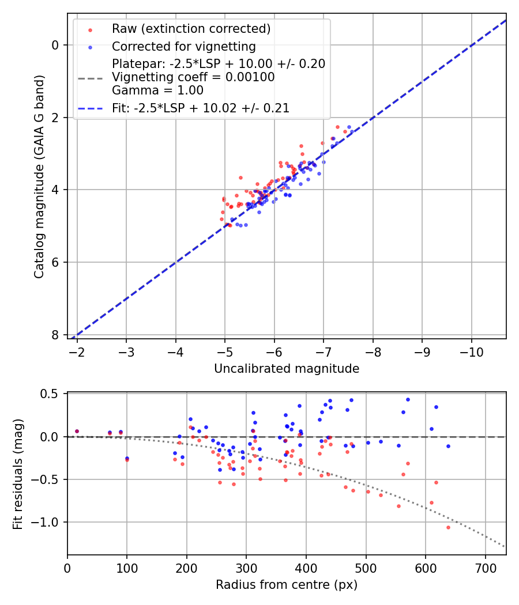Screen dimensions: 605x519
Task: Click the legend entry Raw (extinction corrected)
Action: coord(191,29)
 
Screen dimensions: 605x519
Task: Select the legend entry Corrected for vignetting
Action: coord(183,46)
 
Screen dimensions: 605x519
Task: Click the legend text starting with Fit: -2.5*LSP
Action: coord(200,108)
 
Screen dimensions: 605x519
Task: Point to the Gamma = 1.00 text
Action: coord(157,90)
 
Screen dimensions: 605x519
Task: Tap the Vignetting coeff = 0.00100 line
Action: coord(193,77)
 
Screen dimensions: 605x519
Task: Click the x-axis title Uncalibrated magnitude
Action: coord(287,369)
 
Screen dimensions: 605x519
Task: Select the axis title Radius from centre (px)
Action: coord(287,585)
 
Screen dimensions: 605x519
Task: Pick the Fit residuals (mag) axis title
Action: coord(18,473)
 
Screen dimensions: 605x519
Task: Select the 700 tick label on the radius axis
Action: coord(485,568)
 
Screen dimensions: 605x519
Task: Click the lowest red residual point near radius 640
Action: coord(448,527)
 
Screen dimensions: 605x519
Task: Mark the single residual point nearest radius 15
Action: coord(77,431)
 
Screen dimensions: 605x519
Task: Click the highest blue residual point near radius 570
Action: coord(408,399)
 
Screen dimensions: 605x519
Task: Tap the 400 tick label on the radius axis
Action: coord(306,568)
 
